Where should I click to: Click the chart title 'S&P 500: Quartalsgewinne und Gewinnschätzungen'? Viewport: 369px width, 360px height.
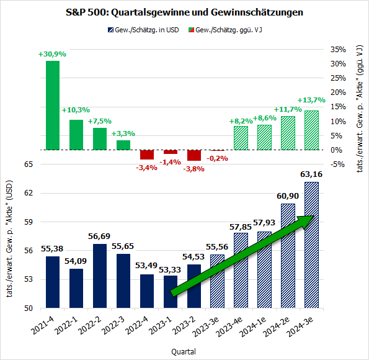[x=184, y=12]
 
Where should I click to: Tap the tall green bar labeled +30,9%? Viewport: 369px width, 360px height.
[x=53, y=105]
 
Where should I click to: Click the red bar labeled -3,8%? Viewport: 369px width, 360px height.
[x=194, y=155]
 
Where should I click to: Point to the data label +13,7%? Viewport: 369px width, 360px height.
[x=311, y=100]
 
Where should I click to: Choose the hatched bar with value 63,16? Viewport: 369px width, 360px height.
[x=312, y=245]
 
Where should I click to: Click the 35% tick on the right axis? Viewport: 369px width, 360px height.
[x=339, y=49]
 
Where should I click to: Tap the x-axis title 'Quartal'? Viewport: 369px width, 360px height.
[x=184, y=351]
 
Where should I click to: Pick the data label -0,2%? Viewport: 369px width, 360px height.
[x=218, y=158]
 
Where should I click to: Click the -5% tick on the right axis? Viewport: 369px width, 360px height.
[x=339, y=164]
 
